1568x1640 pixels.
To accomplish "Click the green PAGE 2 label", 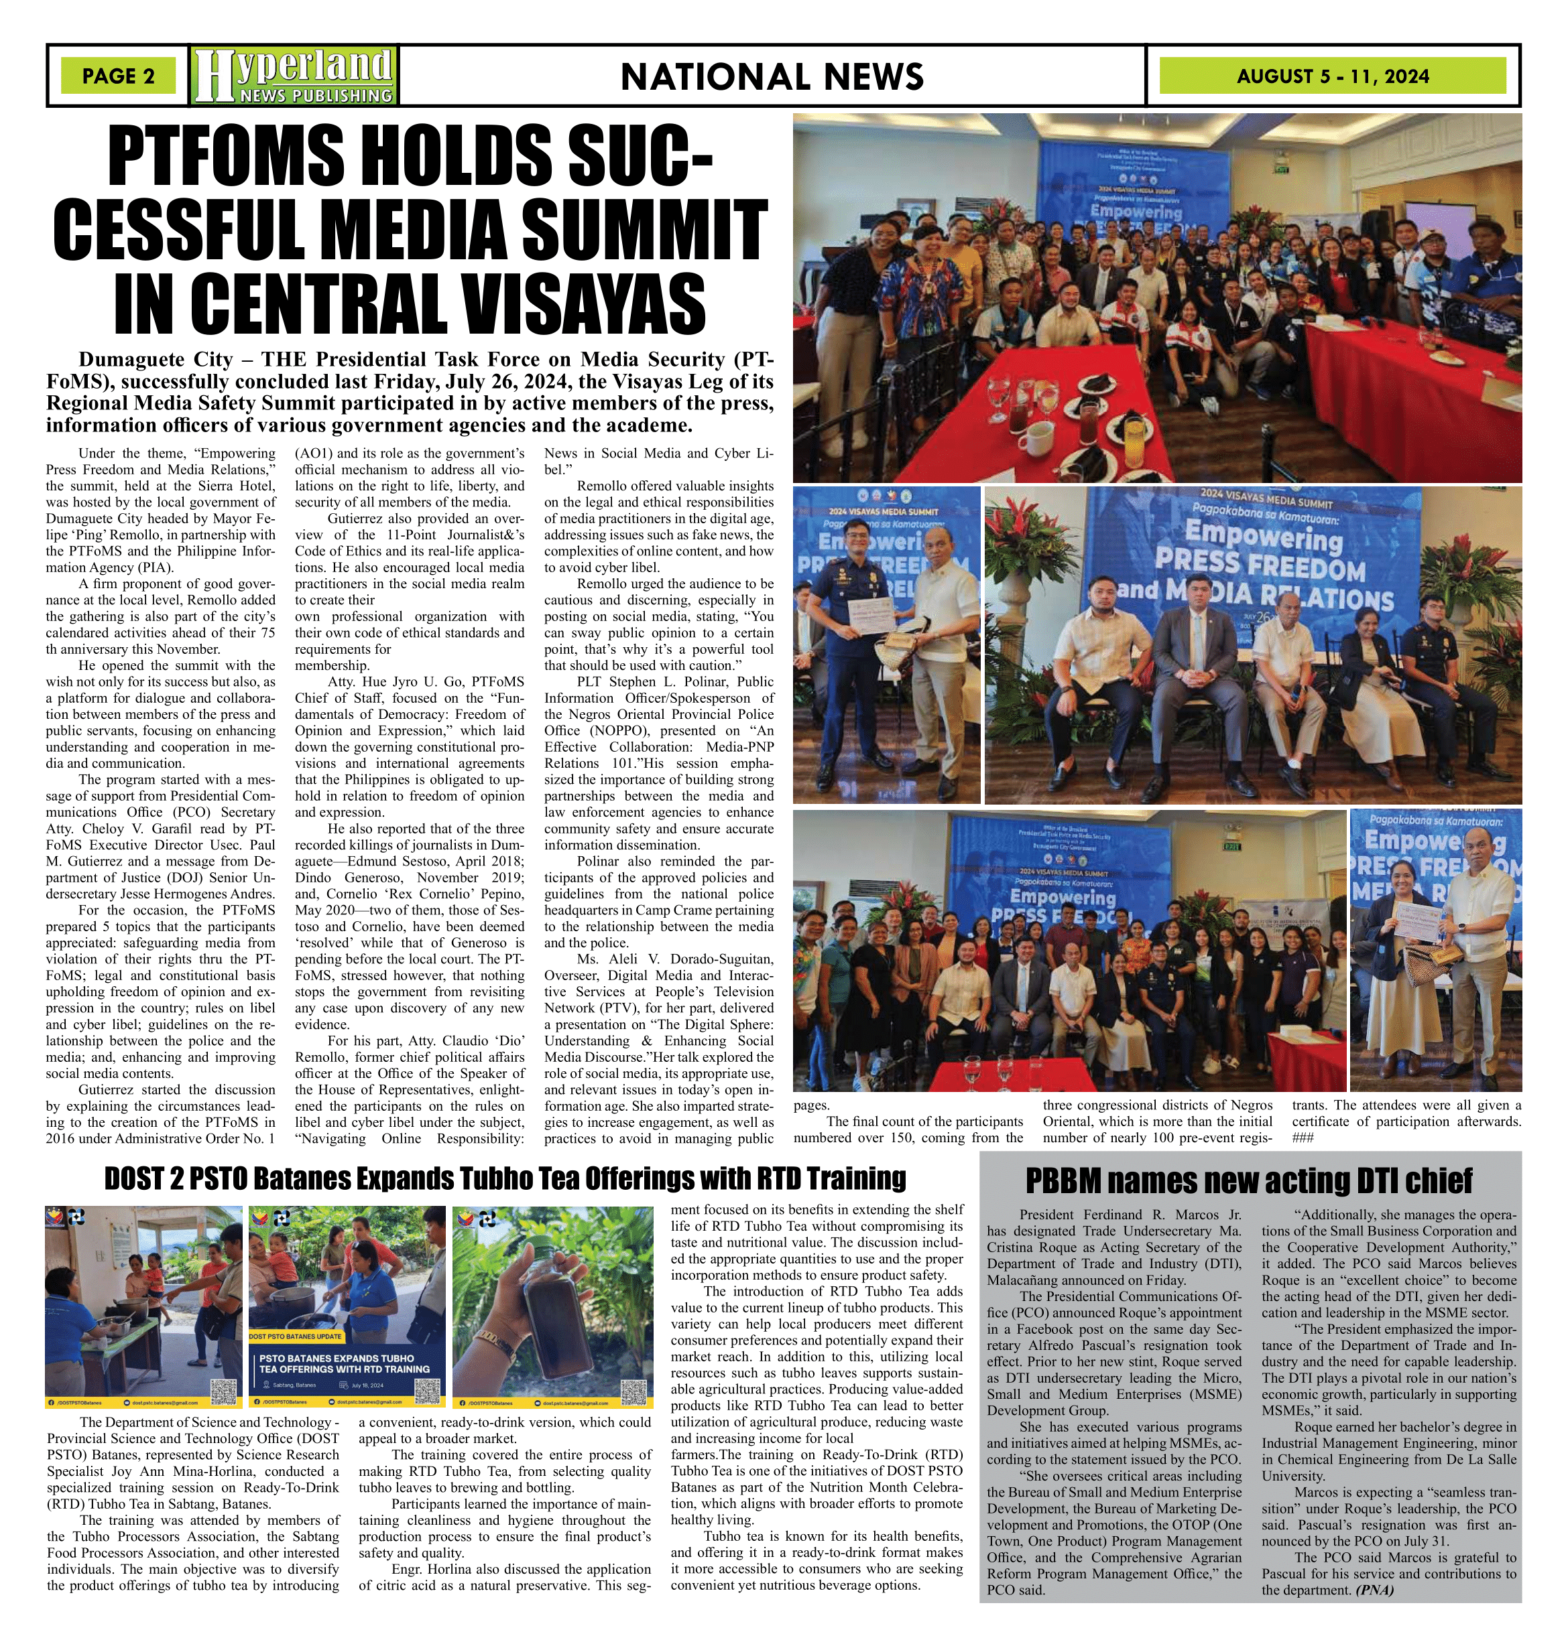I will [x=118, y=76].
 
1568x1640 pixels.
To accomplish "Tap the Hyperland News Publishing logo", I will [x=294, y=75].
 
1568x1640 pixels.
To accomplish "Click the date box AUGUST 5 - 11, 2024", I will [x=1332, y=76].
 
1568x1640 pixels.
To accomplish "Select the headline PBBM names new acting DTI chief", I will [x=1249, y=1181].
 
